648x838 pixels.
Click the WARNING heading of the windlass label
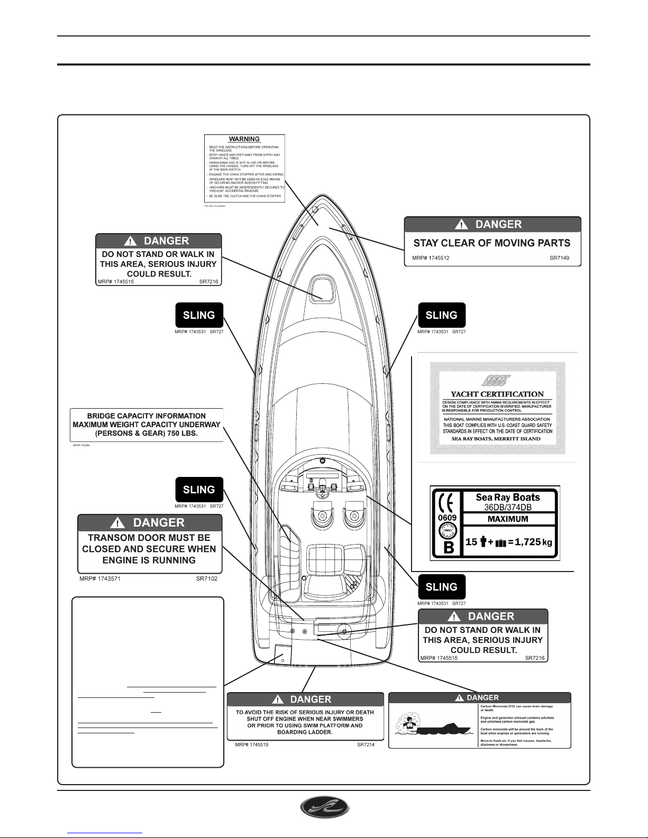pos(244,140)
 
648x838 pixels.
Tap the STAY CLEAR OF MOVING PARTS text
pos(491,243)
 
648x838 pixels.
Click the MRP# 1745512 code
pos(431,259)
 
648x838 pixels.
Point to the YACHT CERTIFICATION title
pos(497,394)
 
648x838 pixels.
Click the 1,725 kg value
pos(533,542)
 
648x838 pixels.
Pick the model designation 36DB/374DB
pos(508,507)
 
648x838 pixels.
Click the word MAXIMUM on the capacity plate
pos(508,519)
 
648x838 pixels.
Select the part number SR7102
pos(206,578)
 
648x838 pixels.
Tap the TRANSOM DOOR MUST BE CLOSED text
pos(150,549)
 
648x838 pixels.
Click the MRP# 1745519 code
pos(252,745)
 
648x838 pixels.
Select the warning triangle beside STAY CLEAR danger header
pos(463,225)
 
